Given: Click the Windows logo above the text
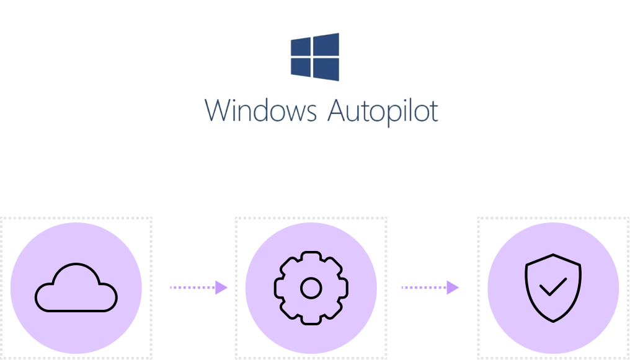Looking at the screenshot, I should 315,57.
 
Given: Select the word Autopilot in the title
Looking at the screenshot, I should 383,112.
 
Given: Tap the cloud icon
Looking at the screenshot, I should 76,288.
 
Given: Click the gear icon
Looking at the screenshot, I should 311,288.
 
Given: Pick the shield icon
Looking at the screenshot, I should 553,288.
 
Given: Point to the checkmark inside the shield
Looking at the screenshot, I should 552,287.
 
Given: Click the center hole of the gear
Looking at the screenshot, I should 311,288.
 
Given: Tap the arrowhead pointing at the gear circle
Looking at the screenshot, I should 221,288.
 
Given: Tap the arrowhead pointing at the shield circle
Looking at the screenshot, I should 453,288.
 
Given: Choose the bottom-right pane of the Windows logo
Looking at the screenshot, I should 327,69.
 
